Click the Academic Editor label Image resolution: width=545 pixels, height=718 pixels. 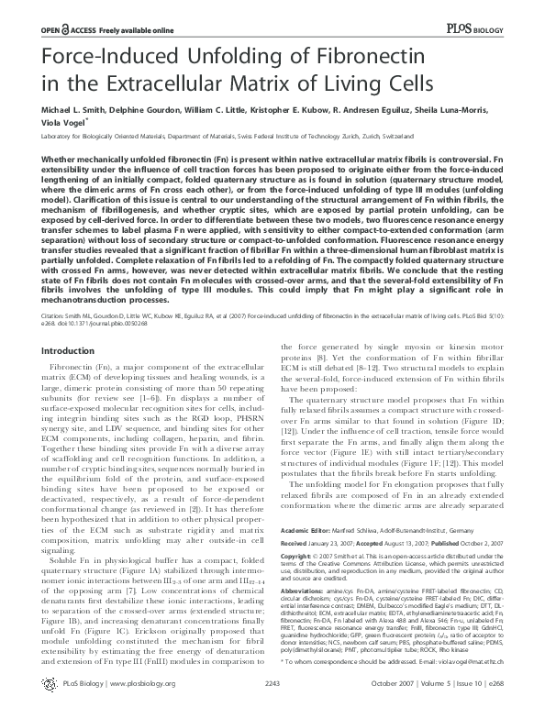coord(308,506)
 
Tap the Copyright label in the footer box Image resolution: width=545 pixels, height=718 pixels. coord(302,529)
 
